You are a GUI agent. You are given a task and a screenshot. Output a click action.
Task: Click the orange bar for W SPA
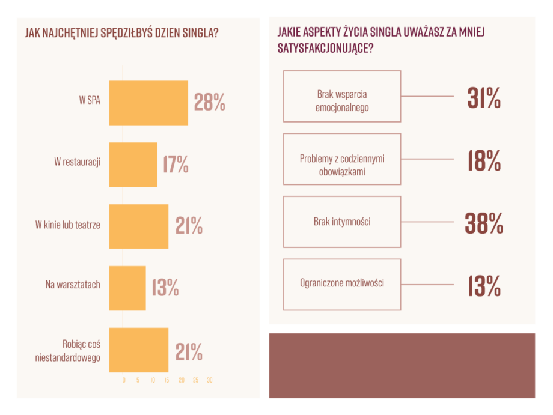(148, 103)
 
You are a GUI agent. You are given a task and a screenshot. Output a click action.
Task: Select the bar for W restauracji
(133, 165)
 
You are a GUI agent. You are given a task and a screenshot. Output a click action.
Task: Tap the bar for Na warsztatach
(127, 288)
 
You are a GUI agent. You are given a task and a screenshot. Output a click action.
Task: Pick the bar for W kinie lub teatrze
(139, 226)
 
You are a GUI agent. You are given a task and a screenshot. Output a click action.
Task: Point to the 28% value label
(210, 103)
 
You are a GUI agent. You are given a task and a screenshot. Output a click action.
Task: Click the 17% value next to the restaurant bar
(176, 164)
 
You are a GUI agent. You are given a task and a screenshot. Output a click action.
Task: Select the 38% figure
(483, 223)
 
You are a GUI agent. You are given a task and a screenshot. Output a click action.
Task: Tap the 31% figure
(484, 98)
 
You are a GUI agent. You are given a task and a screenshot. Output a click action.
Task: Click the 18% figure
(484, 160)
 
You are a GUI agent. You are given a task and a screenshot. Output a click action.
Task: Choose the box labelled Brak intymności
(341, 222)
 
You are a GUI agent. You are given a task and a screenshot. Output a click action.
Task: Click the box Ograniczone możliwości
(341, 284)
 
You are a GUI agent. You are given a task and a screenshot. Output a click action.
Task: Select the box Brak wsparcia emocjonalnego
(341, 97)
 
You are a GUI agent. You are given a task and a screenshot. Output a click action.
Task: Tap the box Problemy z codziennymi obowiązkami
(341, 159)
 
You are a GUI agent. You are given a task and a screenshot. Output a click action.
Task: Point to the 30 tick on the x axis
(210, 380)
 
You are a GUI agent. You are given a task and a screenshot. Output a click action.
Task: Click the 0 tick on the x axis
(124, 380)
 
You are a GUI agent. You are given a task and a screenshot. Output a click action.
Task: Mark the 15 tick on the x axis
(167, 380)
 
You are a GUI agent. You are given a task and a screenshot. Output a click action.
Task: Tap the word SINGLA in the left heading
(194, 32)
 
